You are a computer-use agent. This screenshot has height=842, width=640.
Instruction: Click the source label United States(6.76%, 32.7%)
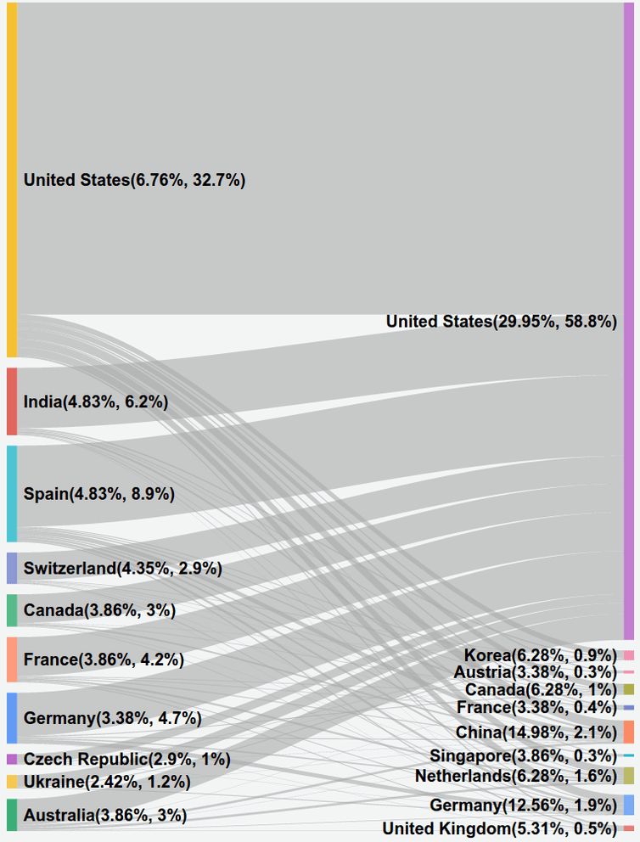pyautogui.click(x=134, y=180)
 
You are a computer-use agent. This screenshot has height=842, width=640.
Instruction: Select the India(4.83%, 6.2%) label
pyautogui.click(x=96, y=402)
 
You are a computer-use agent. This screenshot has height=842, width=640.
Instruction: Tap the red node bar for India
pyautogui.click(x=12, y=401)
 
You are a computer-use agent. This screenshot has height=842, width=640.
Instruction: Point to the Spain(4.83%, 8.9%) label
pyautogui.click(x=99, y=494)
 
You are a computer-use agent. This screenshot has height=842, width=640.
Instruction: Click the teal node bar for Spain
pyautogui.click(x=12, y=493)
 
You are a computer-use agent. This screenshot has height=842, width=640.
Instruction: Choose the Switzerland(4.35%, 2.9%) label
pyautogui.click(x=123, y=569)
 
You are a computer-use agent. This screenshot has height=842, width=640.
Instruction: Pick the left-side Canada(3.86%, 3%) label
pyautogui.click(x=99, y=610)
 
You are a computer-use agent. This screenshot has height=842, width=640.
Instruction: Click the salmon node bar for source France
pyautogui.click(x=12, y=659)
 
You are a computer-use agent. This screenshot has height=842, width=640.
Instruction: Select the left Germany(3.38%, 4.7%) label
pyautogui.click(x=112, y=718)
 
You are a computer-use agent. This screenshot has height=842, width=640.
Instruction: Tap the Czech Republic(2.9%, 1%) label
pyautogui.click(x=127, y=760)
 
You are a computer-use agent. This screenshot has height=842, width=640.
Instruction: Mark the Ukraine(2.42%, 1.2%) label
pyautogui.click(x=107, y=782)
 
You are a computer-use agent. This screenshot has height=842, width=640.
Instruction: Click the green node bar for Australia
pyautogui.click(x=12, y=815)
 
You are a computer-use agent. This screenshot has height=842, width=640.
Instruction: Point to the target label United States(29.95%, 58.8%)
pyautogui.click(x=501, y=322)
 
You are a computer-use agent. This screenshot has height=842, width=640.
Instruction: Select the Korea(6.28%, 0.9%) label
pyautogui.click(x=540, y=655)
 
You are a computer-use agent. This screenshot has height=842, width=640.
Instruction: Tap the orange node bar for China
pyautogui.click(x=628, y=732)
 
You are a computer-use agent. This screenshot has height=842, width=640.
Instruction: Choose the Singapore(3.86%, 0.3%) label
pyautogui.click(x=523, y=755)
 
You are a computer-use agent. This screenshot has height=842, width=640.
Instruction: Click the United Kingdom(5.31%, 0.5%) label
pyautogui.click(x=499, y=828)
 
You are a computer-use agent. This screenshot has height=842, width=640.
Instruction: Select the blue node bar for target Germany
pyautogui.click(x=628, y=805)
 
